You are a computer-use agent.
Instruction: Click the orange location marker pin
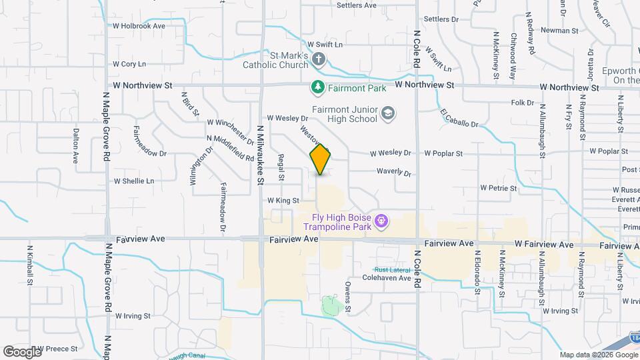pyautogui.click(x=321, y=159)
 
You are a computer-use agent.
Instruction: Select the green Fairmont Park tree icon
pyautogui.click(x=319, y=87)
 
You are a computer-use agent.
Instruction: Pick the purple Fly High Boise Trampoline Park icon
pyautogui.click(x=381, y=219)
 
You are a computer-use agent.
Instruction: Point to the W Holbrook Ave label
pyautogui.click(x=139, y=26)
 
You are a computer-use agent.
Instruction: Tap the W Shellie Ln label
pyautogui.click(x=134, y=181)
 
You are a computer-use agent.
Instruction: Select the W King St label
pyautogui.click(x=283, y=200)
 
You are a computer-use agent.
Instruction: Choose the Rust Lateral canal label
pyautogui.click(x=392, y=269)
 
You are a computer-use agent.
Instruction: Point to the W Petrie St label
pyautogui.click(x=498, y=189)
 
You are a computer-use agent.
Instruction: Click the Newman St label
pyautogui.click(x=559, y=31)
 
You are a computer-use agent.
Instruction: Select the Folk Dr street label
pyautogui.click(x=523, y=103)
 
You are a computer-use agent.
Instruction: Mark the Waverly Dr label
pyautogui.click(x=394, y=172)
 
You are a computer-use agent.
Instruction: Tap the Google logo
pyautogui.click(x=22, y=351)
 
